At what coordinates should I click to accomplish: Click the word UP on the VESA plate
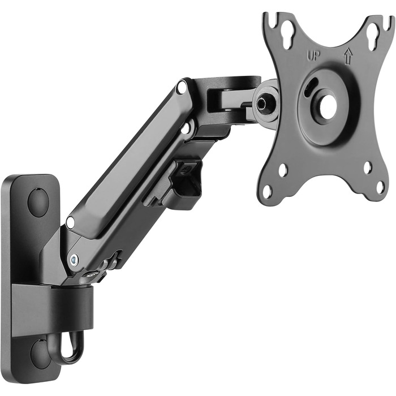(313, 56)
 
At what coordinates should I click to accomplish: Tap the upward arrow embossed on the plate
(348, 56)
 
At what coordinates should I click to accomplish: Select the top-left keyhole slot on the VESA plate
(287, 35)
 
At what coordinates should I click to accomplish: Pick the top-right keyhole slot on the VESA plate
(373, 36)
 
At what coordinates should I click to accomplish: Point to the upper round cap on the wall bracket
(38, 201)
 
